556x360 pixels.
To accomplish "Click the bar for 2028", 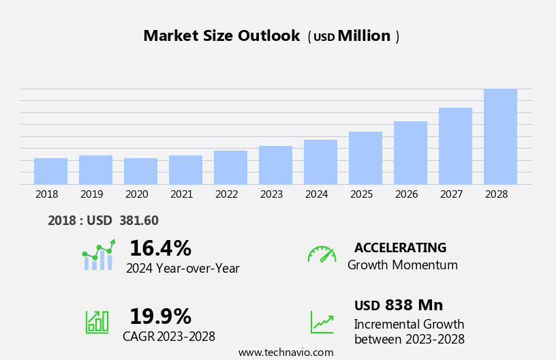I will tap(500, 136).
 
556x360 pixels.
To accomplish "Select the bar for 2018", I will tap(50, 171).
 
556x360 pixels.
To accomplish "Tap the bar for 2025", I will tap(365, 157).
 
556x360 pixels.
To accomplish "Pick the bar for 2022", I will tap(230, 167).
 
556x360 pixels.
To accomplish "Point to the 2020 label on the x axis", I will tap(136, 194).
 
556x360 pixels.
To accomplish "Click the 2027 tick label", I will tap(451, 194).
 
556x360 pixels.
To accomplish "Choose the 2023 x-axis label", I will tap(271, 194).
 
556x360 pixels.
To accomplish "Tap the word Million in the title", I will tap(364, 36).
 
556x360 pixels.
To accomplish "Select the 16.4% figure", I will tap(160, 248).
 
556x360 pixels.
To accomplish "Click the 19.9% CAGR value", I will tap(160, 316).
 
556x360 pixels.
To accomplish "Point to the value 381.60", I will tap(139, 220).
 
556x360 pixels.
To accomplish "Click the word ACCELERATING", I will tap(400, 247).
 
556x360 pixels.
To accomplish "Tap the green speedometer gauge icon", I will tap(322, 254).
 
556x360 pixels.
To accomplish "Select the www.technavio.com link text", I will tap(285, 352).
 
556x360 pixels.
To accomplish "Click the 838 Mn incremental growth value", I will tap(414, 305).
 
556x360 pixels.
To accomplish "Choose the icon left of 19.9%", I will tap(97, 321).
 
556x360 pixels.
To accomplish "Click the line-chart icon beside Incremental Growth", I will tap(322, 322).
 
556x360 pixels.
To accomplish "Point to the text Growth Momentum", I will tap(402, 265).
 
